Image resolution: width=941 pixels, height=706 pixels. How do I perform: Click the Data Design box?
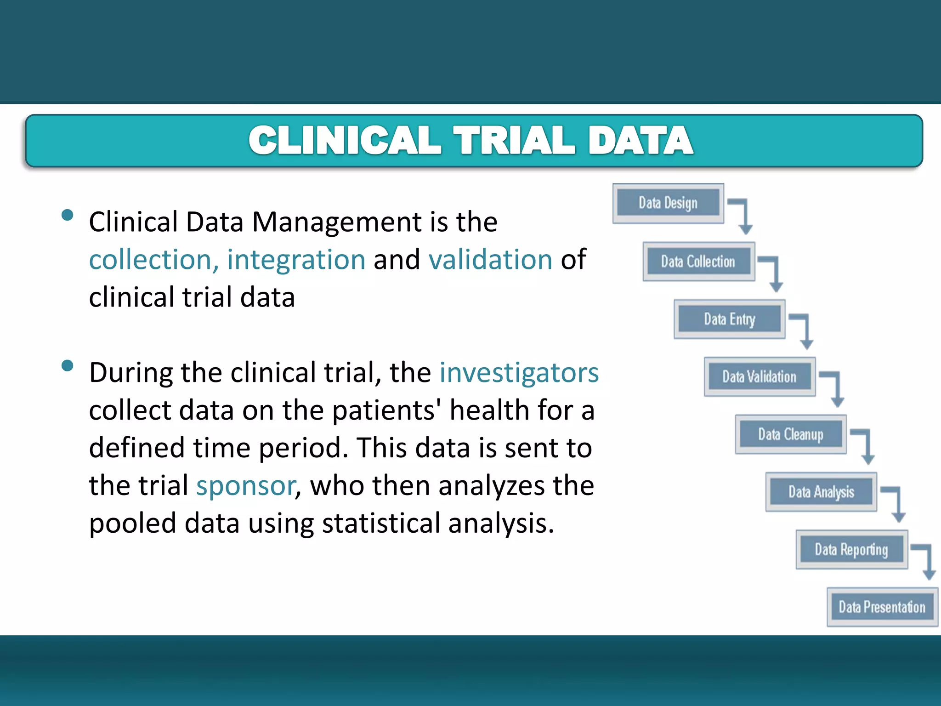pos(668,203)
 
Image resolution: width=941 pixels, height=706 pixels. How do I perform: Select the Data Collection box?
pos(698,262)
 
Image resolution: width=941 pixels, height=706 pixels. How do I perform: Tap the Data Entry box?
pos(729,319)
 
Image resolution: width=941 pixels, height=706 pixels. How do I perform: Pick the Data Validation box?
pos(760,377)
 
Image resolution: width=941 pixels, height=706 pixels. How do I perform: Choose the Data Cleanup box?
pos(791,434)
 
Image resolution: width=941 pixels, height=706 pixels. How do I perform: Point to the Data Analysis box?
pos(821,492)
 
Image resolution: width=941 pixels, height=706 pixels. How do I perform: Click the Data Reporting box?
pos(851,550)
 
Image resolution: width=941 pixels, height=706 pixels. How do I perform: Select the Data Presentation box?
pos(882,607)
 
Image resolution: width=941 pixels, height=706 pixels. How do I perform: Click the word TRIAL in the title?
pos(514,140)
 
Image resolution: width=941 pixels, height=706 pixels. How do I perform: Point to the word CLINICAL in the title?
pos(345,140)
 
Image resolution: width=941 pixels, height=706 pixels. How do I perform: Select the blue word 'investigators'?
pos(519,372)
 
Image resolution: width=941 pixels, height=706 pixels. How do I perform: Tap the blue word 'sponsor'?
pos(246,486)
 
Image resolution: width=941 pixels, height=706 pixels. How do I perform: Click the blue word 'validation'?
pos(490,260)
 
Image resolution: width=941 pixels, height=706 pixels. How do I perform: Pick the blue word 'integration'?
pos(296,260)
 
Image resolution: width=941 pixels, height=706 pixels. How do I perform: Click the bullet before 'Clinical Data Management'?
pos(68,215)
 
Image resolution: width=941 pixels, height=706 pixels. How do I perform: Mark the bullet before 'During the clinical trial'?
pos(68,365)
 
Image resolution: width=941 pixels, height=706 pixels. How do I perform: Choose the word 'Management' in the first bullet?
pos(337,222)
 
